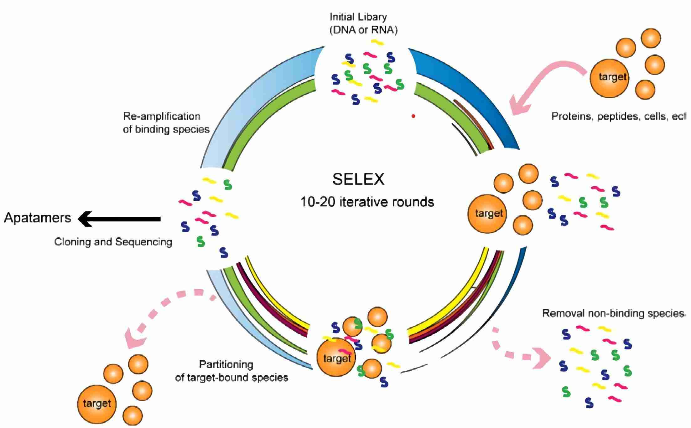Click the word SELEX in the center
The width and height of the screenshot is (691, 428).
click(358, 179)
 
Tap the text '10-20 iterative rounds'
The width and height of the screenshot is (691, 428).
click(367, 202)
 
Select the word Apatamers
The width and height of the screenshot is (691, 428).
click(38, 218)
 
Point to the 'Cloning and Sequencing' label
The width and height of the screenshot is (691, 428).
click(113, 242)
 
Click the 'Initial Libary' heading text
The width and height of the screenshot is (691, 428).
click(358, 17)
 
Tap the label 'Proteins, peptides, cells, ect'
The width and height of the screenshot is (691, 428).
click(618, 116)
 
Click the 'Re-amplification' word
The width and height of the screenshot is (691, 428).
click(162, 116)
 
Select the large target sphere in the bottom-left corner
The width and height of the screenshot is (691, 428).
click(96, 404)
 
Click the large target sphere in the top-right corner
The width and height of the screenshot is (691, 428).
click(609, 77)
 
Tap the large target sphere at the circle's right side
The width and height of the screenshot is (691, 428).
click(487, 214)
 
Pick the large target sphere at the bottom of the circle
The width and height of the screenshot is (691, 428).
click(336, 358)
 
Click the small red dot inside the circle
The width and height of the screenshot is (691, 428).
click(413, 116)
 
